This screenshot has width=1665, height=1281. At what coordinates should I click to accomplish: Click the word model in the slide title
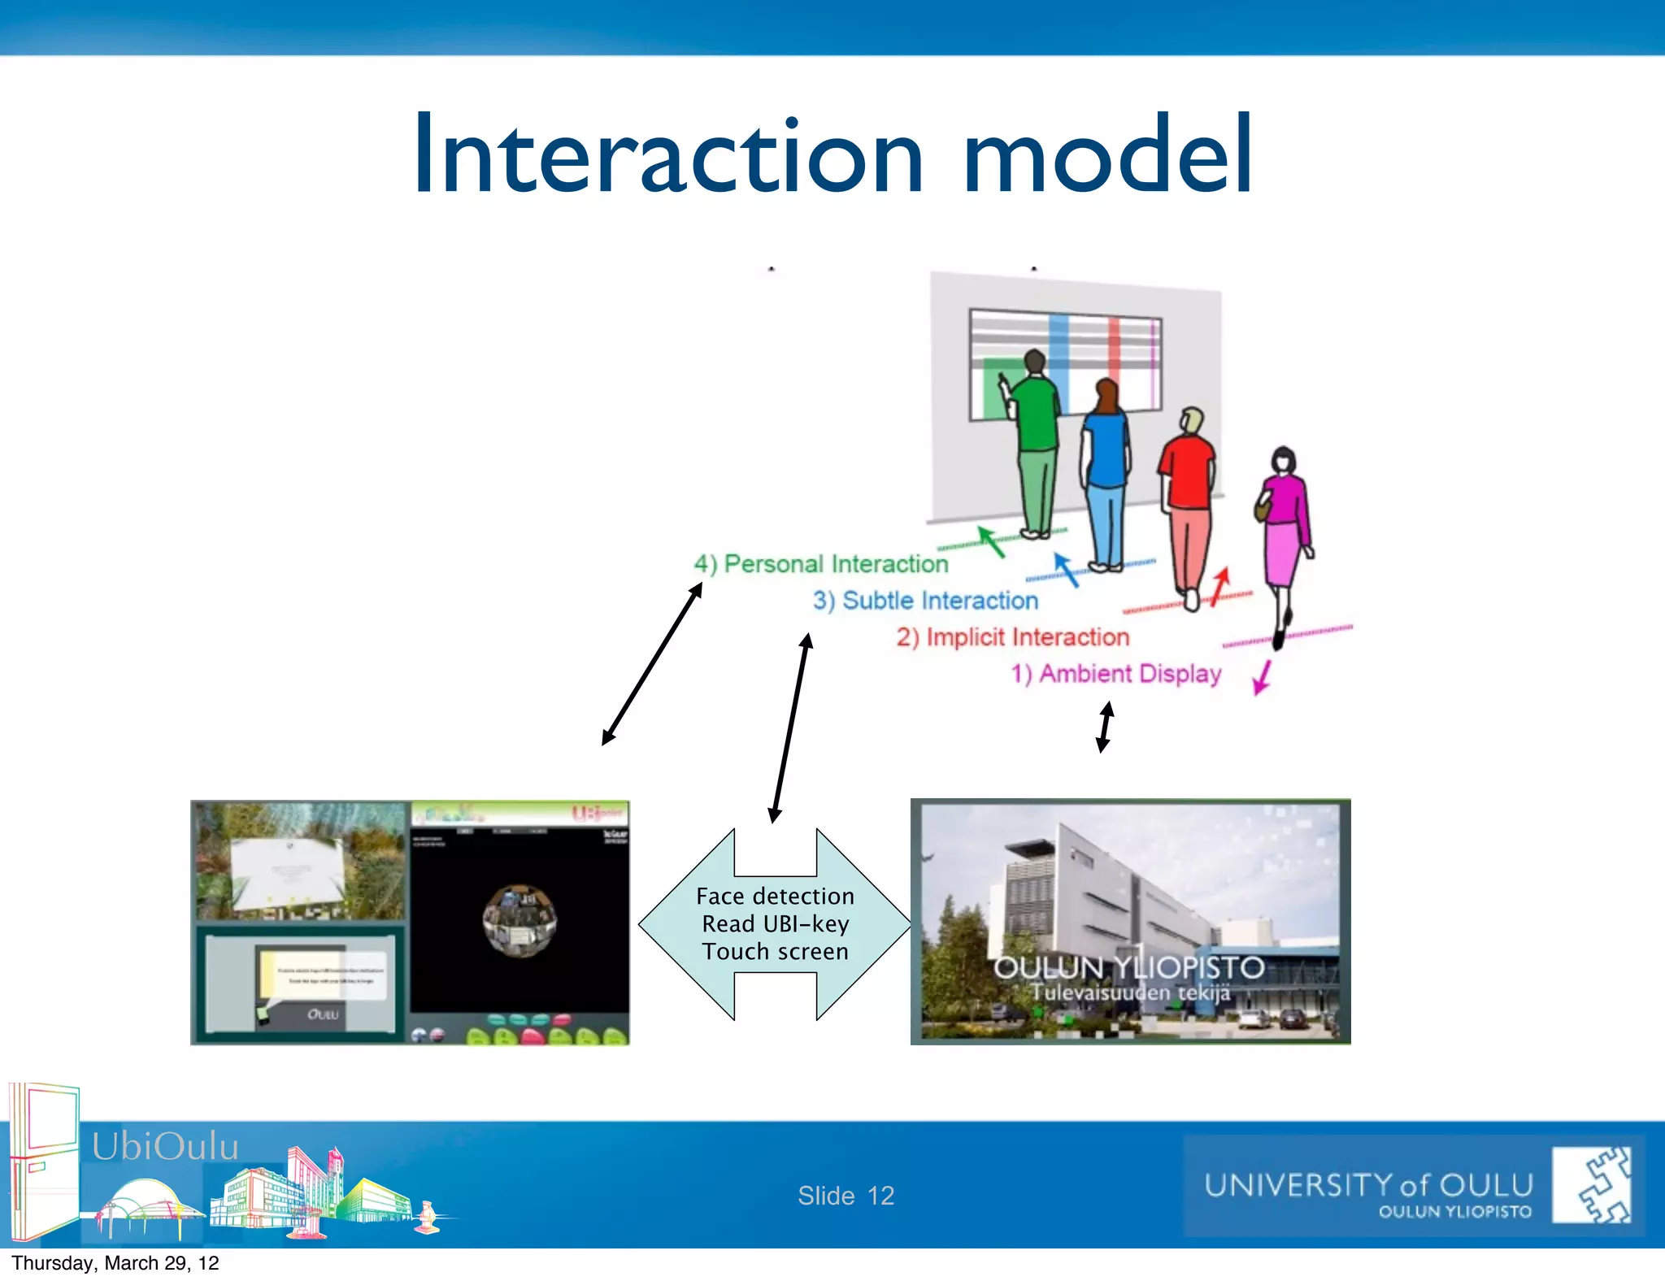pyautogui.click(x=1107, y=156)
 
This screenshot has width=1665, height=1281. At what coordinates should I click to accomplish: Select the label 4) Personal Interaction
pyautogui.click(x=821, y=564)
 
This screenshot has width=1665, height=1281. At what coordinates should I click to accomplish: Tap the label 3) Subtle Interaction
pyautogui.click(x=925, y=601)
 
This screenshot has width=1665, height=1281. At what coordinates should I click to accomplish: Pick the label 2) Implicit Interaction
pyautogui.click(x=1013, y=637)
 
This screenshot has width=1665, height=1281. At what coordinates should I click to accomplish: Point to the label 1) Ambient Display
pyautogui.click(x=1115, y=674)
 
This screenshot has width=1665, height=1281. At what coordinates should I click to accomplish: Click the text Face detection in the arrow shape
pyautogui.click(x=775, y=896)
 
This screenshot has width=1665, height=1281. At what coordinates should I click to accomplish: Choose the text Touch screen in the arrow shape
pyautogui.click(x=775, y=951)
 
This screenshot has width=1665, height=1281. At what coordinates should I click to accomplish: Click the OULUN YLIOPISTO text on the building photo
pyautogui.click(x=1128, y=967)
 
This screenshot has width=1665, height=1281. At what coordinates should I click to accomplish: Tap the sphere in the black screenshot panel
pyautogui.click(x=519, y=920)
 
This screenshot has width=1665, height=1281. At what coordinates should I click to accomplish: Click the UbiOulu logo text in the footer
pyautogui.click(x=165, y=1146)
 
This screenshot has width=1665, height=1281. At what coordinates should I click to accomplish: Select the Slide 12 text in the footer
pyautogui.click(x=846, y=1196)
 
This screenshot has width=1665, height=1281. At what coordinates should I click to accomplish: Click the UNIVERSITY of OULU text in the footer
pyautogui.click(x=1368, y=1185)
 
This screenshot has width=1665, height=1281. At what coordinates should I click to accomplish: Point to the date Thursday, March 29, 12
pyautogui.click(x=115, y=1263)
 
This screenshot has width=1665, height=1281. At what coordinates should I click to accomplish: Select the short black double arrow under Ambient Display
pyautogui.click(x=1104, y=727)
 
